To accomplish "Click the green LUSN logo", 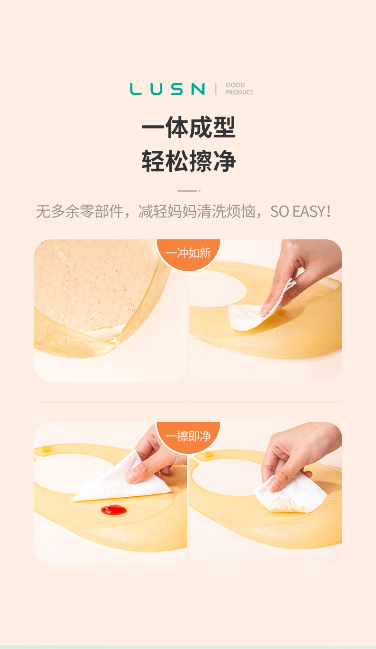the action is [167, 89].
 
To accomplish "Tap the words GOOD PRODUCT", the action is [239, 88].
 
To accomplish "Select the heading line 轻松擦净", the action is [188, 161].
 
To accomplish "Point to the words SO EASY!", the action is [301, 211].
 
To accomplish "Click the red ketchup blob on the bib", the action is [114, 510].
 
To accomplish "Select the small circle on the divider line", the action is [188, 402].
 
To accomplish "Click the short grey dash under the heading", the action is [189, 191].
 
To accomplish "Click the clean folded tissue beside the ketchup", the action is [122, 478].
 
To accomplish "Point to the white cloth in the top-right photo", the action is [258, 313].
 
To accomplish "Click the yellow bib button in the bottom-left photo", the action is [46, 449].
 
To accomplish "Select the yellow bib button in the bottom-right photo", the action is [208, 454].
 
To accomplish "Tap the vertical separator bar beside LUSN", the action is [216, 88].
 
